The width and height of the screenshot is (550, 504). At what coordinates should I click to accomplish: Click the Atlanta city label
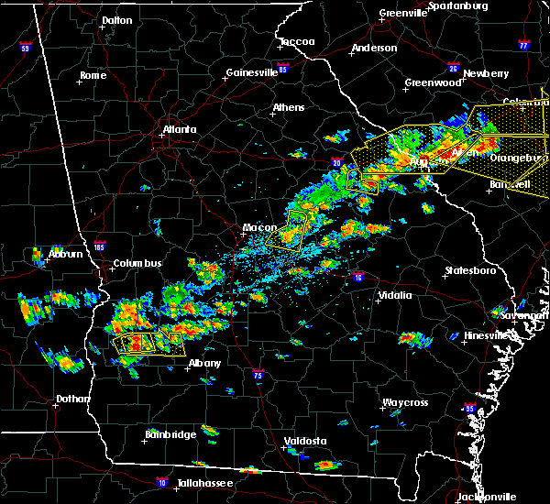[180, 129]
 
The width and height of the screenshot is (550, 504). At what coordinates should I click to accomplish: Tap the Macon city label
[254, 227]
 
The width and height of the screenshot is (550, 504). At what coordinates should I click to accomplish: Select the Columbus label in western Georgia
[137, 264]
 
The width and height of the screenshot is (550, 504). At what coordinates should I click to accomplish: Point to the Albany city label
[204, 363]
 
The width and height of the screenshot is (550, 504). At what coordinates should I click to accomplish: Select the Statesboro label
[469, 270]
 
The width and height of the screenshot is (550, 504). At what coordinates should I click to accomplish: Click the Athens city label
[289, 107]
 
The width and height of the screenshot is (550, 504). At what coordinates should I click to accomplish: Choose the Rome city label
[93, 75]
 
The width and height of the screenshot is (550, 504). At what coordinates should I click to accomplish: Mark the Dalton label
[116, 19]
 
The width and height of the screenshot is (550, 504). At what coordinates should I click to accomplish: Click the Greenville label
[405, 14]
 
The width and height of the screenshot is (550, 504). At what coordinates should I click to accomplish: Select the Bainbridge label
[170, 434]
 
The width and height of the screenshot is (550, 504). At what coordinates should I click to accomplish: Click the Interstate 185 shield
[100, 246]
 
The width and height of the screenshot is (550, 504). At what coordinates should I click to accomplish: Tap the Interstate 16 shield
[358, 276]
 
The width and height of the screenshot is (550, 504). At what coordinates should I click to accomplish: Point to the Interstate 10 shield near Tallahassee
[163, 480]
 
